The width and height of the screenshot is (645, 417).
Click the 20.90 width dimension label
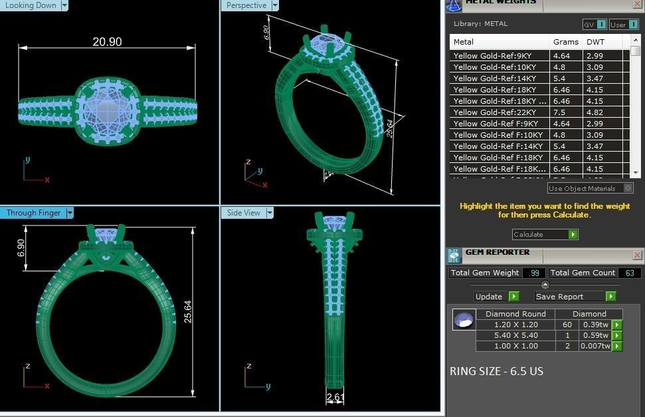tap(107, 42)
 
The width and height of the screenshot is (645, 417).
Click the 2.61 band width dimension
tap(334, 398)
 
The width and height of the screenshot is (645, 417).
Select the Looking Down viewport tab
tap(31, 5)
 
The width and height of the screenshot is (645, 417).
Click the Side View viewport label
tap(243, 213)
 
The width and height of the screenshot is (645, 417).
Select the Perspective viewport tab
tap(246, 5)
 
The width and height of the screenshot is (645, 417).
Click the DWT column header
tap(595, 42)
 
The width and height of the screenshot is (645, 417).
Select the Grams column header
tap(565, 42)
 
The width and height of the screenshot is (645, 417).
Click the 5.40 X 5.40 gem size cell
tap(515, 335)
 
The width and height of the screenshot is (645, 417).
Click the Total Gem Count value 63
tap(629, 273)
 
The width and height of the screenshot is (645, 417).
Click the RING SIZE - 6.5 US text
tap(496, 371)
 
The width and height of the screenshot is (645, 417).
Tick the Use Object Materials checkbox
tap(628, 188)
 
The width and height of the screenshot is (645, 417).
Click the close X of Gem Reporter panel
tap(637, 255)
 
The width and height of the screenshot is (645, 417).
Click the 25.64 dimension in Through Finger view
tap(188, 311)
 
